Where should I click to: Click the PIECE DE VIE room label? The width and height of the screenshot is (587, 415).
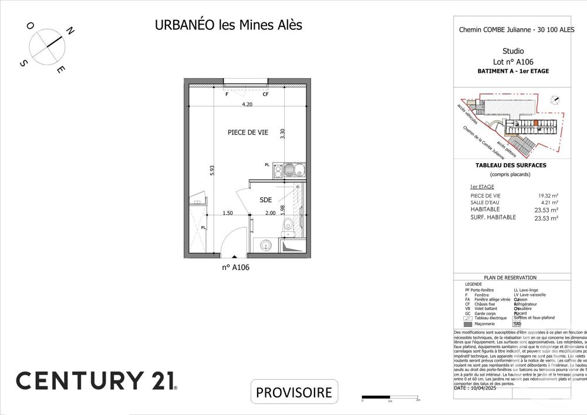[x=248, y=133]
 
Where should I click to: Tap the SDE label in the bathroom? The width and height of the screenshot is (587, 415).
[x=266, y=200]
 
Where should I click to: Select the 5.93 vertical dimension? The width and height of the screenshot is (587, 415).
[x=212, y=170]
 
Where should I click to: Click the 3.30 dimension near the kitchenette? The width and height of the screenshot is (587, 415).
[x=282, y=133]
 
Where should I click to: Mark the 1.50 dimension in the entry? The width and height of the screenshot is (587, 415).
[x=228, y=213]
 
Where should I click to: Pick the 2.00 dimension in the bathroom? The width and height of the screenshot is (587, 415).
[x=270, y=213]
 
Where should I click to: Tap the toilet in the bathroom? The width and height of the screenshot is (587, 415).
[x=288, y=225]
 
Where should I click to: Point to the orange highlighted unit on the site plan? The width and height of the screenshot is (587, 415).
[x=535, y=123]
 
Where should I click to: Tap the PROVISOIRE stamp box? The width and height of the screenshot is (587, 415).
[x=295, y=392]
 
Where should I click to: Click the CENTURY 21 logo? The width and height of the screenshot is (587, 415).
[x=96, y=380]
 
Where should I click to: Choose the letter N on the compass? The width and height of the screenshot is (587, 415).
[x=69, y=31]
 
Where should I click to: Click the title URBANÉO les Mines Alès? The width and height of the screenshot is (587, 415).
[x=228, y=25]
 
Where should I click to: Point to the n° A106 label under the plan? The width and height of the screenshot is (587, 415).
[x=236, y=267]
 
